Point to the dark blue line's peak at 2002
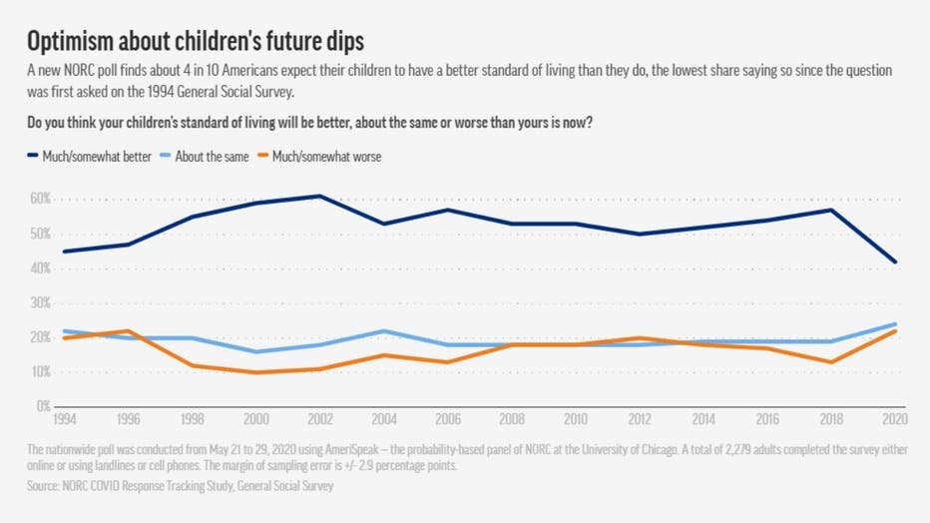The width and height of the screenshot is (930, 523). pyautogui.click(x=319, y=196)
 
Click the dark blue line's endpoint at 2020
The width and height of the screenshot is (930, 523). pyautogui.click(x=895, y=261)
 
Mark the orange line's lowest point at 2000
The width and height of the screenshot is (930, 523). pyautogui.click(x=256, y=372)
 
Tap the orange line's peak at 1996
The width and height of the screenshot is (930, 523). pyautogui.click(x=129, y=330)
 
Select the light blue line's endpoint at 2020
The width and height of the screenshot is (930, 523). pyautogui.click(x=895, y=323)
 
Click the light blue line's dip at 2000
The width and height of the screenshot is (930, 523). pyautogui.click(x=256, y=351)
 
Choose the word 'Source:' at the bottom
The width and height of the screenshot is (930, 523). pyautogui.click(x=47, y=486)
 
